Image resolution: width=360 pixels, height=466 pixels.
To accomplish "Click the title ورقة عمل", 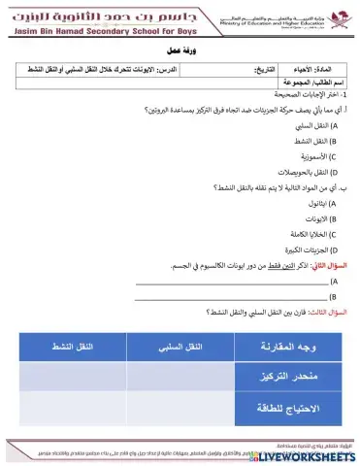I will click(x=180, y=55).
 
